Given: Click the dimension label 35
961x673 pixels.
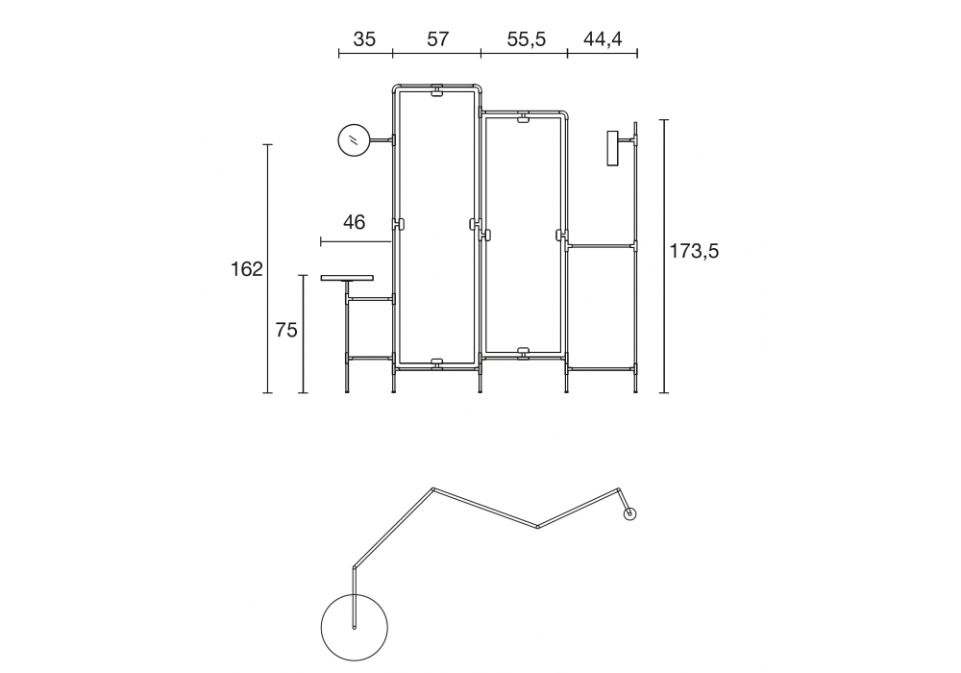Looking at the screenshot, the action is (364, 39).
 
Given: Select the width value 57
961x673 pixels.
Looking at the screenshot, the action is (437, 39).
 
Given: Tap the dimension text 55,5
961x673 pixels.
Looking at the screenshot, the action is (526, 39).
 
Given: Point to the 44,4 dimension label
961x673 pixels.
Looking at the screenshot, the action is (603, 39).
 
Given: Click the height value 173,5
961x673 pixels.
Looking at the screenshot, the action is (694, 251).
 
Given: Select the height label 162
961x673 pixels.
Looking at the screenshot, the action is (246, 269).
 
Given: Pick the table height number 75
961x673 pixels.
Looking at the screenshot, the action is (286, 331).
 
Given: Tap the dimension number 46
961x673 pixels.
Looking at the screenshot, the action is (355, 222).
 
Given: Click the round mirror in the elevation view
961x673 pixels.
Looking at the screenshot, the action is (354, 140).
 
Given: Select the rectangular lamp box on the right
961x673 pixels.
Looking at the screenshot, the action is (612, 148).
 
